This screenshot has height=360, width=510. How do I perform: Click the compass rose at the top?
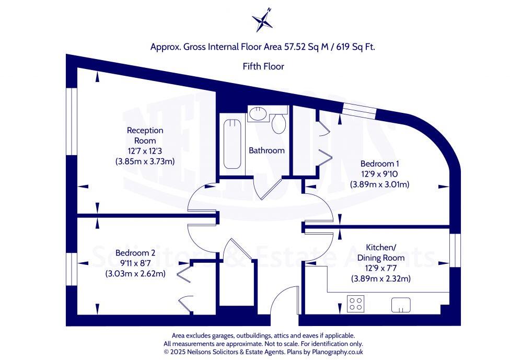[x=262, y=20]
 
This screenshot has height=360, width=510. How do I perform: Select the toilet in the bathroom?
[x=278, y=123]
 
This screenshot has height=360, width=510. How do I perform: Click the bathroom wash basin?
[x=257, y=113]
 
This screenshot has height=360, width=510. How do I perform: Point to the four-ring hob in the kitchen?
[x=355, y=304]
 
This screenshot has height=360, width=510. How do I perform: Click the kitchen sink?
[x=401, y=304]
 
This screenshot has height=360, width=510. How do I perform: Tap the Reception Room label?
[x=145, y=135]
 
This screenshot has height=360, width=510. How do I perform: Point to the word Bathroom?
[x=266, y=150]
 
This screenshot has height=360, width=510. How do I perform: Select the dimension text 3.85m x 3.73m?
[x=145, y=161]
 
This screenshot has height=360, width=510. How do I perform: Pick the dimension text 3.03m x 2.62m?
[x=135, y=273]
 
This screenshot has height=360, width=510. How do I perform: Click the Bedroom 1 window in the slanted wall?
[x=359, y=110]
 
